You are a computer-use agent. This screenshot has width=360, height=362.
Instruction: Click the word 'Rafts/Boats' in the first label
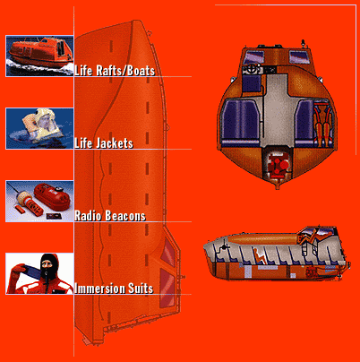pyautogui.click(x=125, y=71)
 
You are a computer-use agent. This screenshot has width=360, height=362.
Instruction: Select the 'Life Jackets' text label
pyautogui.click(x=104, y=143)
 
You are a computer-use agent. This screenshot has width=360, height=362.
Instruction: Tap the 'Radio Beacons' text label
pyautogui.click(x=110, y=216)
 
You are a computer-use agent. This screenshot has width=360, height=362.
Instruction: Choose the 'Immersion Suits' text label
pyautogui.click(x=114, y=289)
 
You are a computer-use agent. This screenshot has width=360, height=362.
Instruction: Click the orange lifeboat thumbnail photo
pyautogui.click(x=39, y=56)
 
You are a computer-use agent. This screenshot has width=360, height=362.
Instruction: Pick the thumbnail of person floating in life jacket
pyautogui.click(x=39, y=128)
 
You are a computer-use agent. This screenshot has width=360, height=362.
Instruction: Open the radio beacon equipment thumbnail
pyautogui.click(x=39, y=201)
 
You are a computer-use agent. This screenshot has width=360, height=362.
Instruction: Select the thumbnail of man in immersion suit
pyautogui.click(x=39, y=273)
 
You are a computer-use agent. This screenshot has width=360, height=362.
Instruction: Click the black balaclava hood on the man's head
pyautogui.click(x=48, y=266)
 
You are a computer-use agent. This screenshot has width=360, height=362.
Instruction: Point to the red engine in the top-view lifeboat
pyautogui.click(x=279, y=165)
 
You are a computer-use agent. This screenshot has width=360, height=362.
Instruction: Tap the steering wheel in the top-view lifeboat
pyautogui.click(x=252, y=70)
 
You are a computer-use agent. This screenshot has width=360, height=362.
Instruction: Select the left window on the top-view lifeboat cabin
pyautogui.click(x=254, y=57)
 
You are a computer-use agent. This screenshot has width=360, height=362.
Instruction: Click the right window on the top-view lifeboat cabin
pyautogui.click(x=300, y=57)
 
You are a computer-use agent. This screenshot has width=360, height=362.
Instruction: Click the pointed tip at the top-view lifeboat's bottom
pyautogui.click(x=278, y=188)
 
